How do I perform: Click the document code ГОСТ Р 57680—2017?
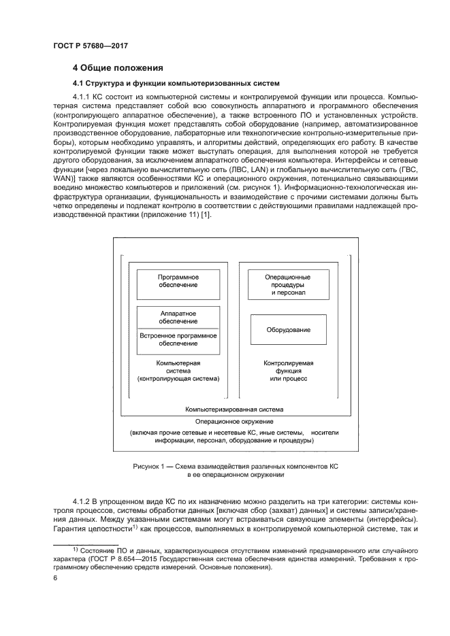coord(90,46)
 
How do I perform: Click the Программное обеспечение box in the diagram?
coord(178,284)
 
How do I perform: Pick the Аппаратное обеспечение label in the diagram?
coord(178,317)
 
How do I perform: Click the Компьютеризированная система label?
coord(234,410)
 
